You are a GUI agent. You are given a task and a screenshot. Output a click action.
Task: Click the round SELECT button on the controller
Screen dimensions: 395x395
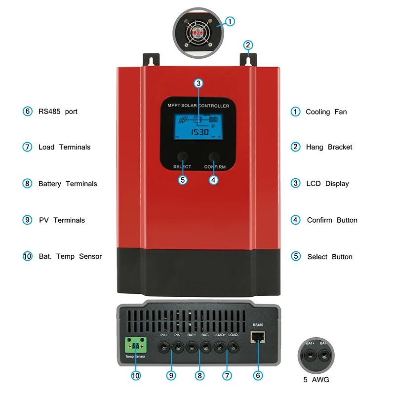[x=182, y=157]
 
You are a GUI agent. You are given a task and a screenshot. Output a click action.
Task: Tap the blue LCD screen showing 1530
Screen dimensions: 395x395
[x=197, y=127]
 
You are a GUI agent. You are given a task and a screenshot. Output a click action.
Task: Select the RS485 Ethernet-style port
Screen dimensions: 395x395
[x=257, y=337]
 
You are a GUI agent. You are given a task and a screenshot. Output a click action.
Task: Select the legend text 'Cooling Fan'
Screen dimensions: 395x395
[x=326, y=112]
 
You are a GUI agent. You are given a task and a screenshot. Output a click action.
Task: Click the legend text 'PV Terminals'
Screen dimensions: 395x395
[x=62, y=220]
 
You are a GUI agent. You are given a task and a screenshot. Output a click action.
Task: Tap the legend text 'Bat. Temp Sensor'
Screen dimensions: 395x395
[x=70, y=257]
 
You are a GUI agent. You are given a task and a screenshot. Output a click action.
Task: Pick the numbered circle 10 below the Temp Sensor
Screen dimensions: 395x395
[x=136, y=376]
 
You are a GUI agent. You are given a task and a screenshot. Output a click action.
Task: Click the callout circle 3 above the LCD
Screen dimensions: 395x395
[x=198, y=83]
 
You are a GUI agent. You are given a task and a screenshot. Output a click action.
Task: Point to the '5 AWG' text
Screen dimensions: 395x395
[x=316, y=380]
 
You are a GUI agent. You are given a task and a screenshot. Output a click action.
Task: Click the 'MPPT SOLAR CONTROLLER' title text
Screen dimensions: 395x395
[x=197, y=106]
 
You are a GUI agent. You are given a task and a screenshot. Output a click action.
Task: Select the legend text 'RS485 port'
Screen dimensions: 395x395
[x=58, y=112]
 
